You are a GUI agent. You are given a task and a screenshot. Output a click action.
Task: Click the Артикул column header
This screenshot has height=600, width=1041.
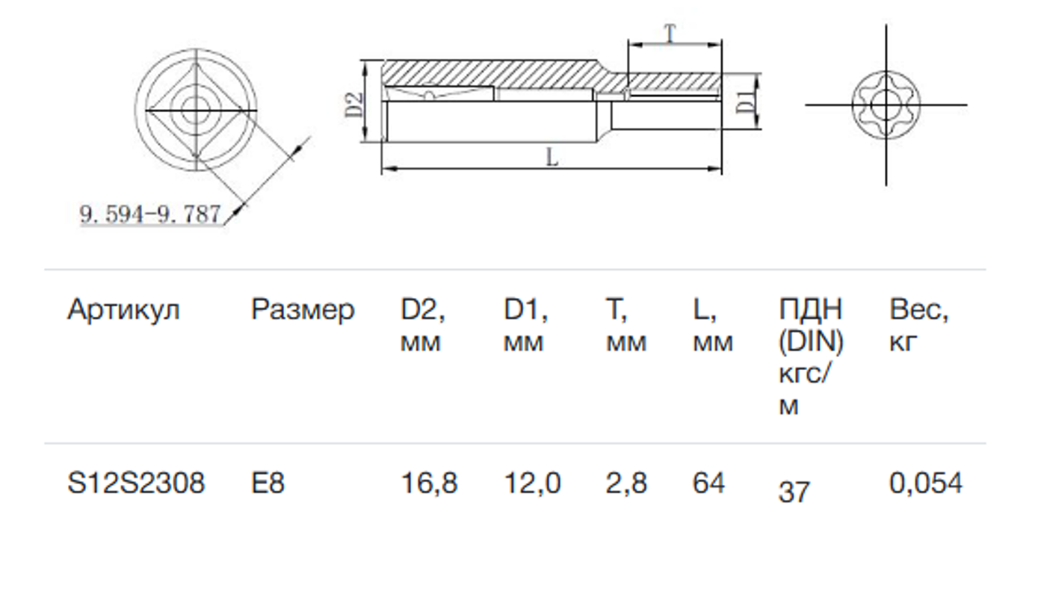click(123, 309)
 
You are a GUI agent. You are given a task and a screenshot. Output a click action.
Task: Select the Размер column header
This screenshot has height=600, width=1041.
click(303, 309)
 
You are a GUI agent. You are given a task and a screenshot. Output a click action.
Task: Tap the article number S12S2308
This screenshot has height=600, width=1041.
click(135, 483)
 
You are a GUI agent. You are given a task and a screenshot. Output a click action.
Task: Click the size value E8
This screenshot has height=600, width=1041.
click(268, 483)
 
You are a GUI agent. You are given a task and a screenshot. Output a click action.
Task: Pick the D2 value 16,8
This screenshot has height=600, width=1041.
click(429, 483)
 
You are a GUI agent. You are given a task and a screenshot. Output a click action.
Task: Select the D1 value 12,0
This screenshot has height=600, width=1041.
click(532, 483)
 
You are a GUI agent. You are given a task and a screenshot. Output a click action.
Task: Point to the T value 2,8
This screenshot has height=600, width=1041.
click(626, 483)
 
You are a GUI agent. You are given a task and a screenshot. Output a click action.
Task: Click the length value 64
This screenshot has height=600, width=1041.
click(708, 483)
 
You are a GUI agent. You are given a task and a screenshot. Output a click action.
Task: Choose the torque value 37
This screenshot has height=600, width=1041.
click(794, 492)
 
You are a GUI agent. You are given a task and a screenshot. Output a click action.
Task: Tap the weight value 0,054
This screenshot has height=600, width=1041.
click(925, 483)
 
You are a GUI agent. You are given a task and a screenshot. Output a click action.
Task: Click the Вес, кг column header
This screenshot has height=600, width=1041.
click(919, 325)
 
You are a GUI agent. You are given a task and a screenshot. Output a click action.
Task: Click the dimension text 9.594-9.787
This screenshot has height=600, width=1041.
click(150, 215)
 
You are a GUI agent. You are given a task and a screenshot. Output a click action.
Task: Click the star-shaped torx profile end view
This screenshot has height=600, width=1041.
click(886, 105)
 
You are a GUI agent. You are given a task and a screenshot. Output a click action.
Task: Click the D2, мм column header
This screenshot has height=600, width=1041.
click(423, 325)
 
